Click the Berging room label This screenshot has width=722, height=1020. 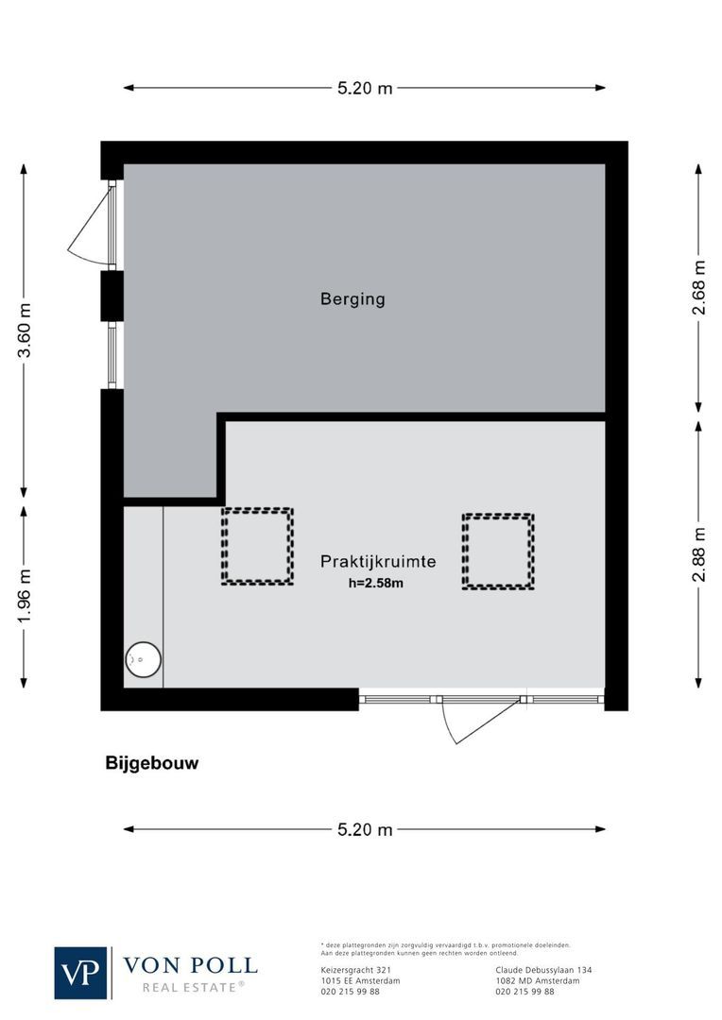352,299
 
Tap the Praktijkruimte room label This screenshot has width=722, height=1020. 378,561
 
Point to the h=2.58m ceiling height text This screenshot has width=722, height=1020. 376,583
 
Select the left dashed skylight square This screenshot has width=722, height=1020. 257,547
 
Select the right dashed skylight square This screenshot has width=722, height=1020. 498,552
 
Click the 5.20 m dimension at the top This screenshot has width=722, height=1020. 365,89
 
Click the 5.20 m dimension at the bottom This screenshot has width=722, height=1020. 365,830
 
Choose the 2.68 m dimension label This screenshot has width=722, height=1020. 699,287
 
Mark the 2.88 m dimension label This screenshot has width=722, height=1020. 699,555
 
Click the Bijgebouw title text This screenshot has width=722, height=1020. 152,764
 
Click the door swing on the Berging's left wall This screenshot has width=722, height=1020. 92,225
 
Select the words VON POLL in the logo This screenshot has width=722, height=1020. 190,965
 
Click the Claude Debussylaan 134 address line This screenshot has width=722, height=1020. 543,970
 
